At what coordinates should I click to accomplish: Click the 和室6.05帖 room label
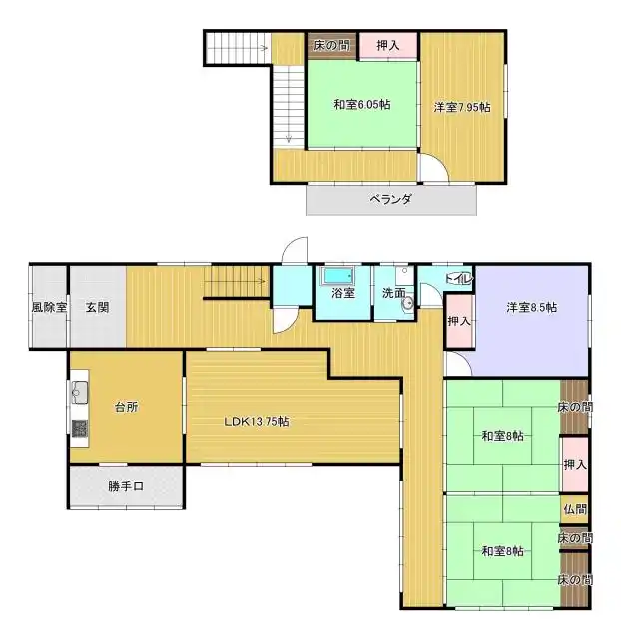362,105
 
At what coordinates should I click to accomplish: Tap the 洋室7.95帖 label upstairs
462,108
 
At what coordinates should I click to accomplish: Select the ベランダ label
391,199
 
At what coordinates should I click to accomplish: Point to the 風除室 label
49,307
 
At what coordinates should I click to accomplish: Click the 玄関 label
97,307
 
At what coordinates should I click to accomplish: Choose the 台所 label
126,407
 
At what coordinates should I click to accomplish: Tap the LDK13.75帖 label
257,421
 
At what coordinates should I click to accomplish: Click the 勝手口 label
126,486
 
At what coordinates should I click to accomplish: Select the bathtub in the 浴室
337,276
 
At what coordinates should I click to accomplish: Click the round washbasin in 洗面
407,303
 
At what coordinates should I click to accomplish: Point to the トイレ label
459,278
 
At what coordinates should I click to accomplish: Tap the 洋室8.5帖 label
532,307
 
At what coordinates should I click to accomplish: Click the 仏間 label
575,509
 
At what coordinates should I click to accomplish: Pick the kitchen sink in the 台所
80,393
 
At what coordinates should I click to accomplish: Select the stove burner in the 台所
80,429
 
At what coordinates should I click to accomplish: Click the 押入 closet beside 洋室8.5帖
459,321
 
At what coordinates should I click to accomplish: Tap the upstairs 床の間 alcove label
331,45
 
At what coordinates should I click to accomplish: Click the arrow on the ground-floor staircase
235,281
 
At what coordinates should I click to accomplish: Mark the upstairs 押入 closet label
387,45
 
